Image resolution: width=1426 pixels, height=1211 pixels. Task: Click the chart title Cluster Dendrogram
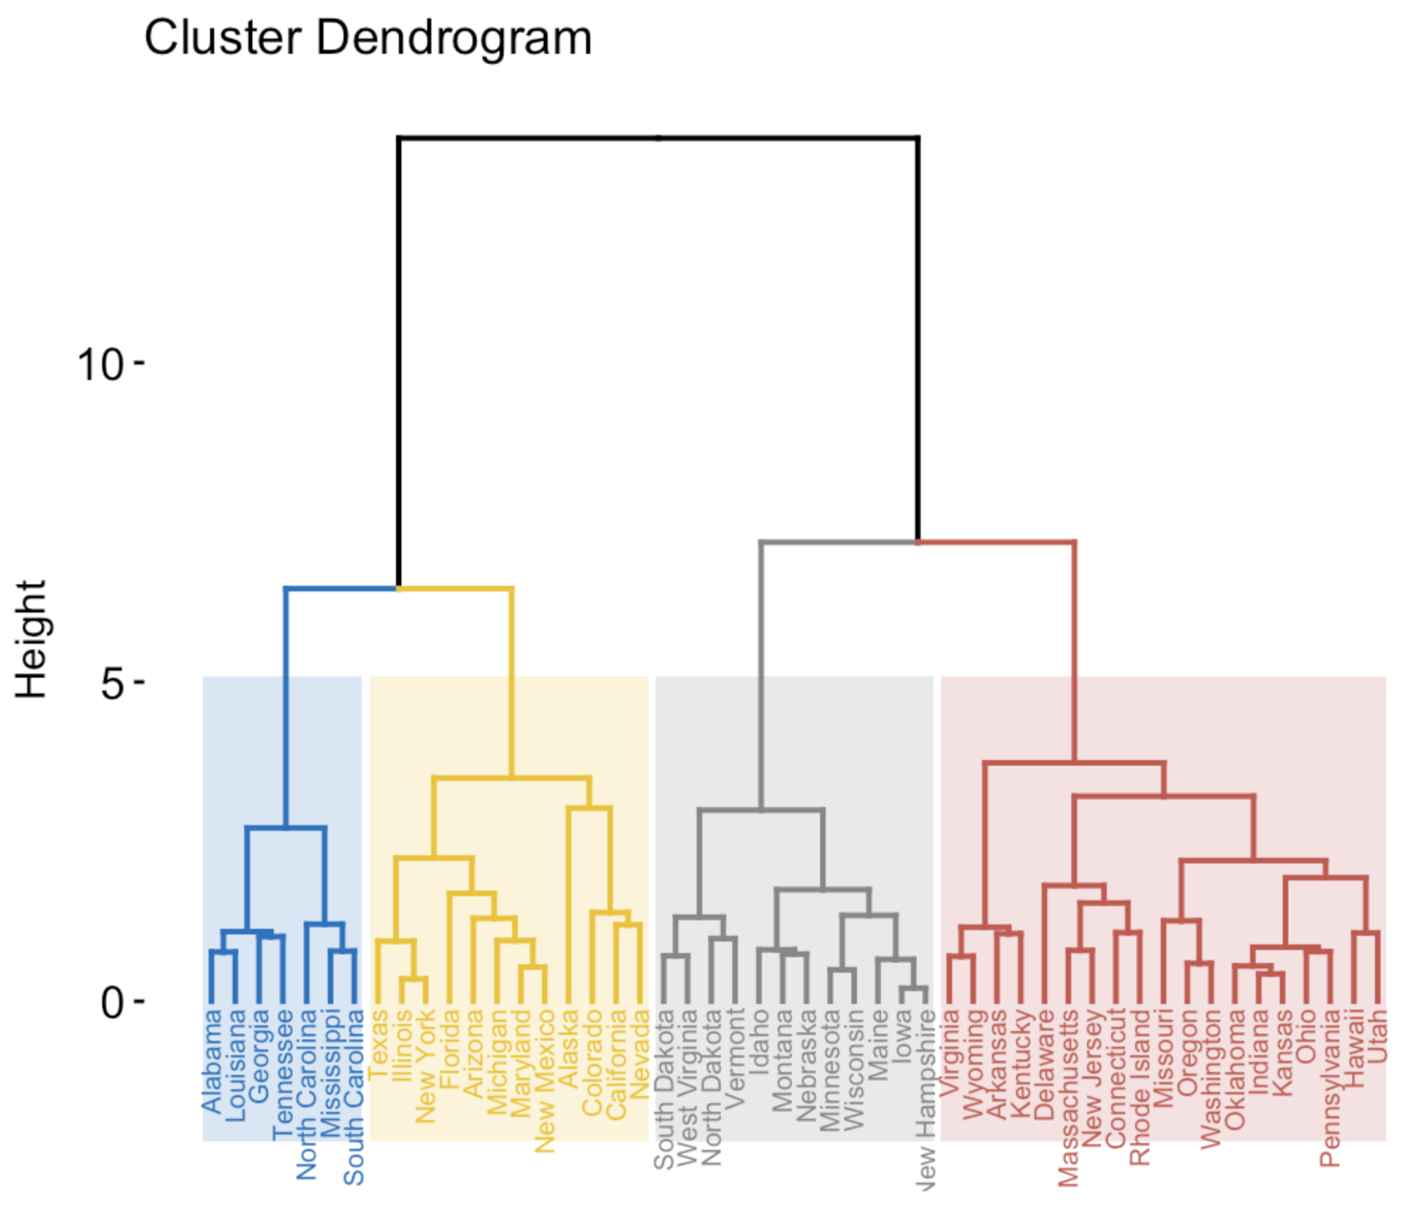(x=367, y=38)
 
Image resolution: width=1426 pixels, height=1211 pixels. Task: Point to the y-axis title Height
(x=33, y=640)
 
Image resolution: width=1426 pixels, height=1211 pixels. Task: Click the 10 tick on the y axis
(x=100, y=366)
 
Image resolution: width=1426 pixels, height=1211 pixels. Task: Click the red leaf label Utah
(x=1377, y=1037)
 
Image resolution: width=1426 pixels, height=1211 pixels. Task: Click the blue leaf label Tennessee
(x=283, y=1075)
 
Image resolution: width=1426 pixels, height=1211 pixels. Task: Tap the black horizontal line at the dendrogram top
(x=658, y=138)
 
